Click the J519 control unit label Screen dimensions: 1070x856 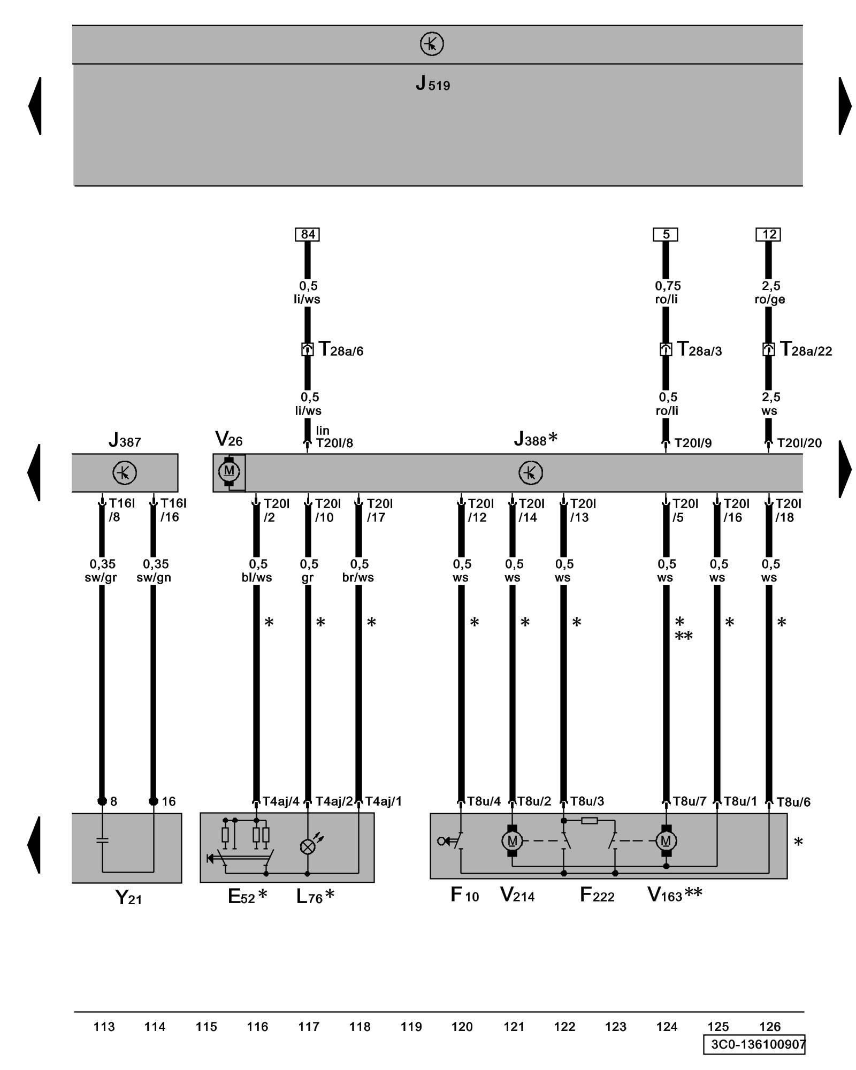pyautogui.click(x=432, y=84)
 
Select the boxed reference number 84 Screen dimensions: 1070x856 pyautogui.click(x=308, y=234)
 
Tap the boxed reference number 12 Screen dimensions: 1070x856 pyautogui.click(x=768, y=234)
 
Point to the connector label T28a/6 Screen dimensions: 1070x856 pyautogui.click(x=341, y=350)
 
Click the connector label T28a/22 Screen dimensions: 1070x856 pyautogui.click(x=806, y=350)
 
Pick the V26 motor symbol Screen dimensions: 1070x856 pyautogui.click(x=229, y=471)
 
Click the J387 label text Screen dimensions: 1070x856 pyautogui.click(x=125, y=441)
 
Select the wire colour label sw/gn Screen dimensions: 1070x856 pyautogui.click(x=154, y=578)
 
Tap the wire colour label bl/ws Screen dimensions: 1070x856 pyautogui.click(x=257, y=578)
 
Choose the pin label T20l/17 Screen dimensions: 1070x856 pyautogui.click(x=379, y=510)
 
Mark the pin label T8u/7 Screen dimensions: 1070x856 pyautogui.click(x=690, y=801)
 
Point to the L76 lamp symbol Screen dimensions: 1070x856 pyautogui.click(x=308, y=847)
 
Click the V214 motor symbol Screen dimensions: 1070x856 pyautogui.click(x=512, y=841)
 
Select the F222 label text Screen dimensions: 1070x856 pyautogui.click(x=597, y=895)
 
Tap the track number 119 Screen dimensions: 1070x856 pyautogui.click(x=411, y=1027)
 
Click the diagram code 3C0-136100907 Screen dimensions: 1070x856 pyautogui.click(x=758, y=1044)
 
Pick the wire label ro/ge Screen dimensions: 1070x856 pyautogui.click(x=770, y=300)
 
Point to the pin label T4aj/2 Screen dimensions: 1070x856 pyautogui.click(x=334, y=801)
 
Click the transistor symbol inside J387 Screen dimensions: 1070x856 pyautogui.click(x=125, y=473)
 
